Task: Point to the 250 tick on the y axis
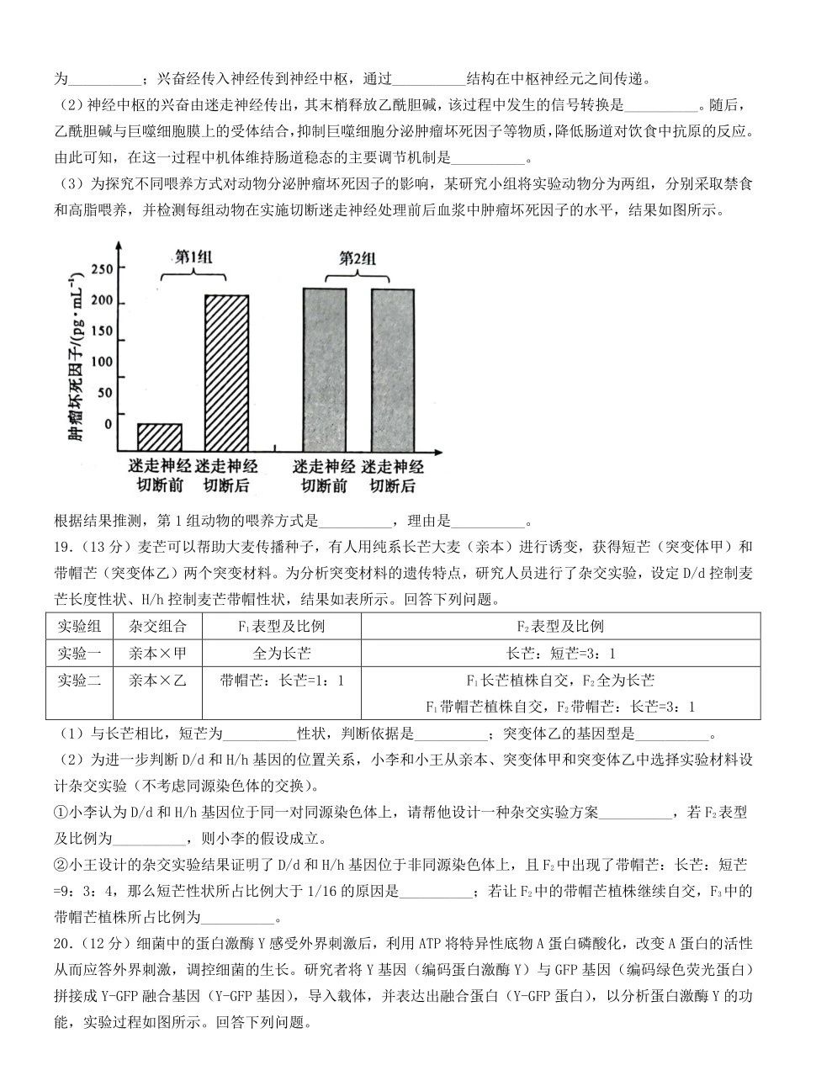101,269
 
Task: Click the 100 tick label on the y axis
101,362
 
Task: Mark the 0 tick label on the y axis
108,423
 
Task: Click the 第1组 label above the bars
193,257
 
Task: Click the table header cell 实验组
79,627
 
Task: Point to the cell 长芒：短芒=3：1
560,654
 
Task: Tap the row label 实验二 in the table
79,681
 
